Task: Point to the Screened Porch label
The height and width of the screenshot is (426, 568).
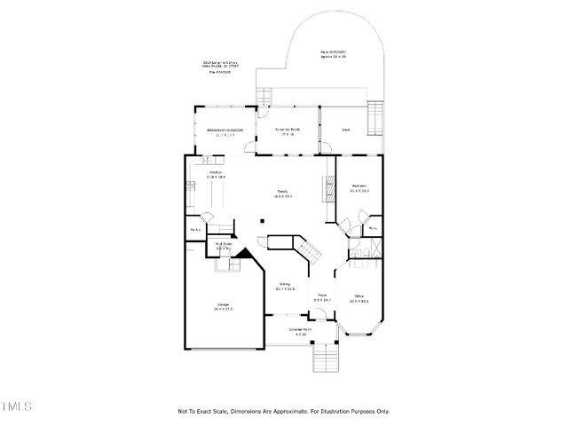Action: tap(287, 132)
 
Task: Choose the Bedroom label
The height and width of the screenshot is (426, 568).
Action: tap(359, 187)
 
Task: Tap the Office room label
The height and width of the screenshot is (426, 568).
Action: tap(359, 298)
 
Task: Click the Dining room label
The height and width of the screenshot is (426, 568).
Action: tap(285, 286)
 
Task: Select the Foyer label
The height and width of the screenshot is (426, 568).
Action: tap(322, 297)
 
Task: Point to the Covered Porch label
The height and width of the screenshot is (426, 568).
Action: tap(302, 331)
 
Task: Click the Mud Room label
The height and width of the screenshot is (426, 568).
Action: tap(224, 246)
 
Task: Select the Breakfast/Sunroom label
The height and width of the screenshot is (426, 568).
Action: tap(225, 132)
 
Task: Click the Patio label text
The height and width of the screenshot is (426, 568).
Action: tap(334, 54)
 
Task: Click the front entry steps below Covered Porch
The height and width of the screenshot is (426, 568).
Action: tap(326, 358)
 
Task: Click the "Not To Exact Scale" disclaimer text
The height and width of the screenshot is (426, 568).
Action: tap(283, 411)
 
